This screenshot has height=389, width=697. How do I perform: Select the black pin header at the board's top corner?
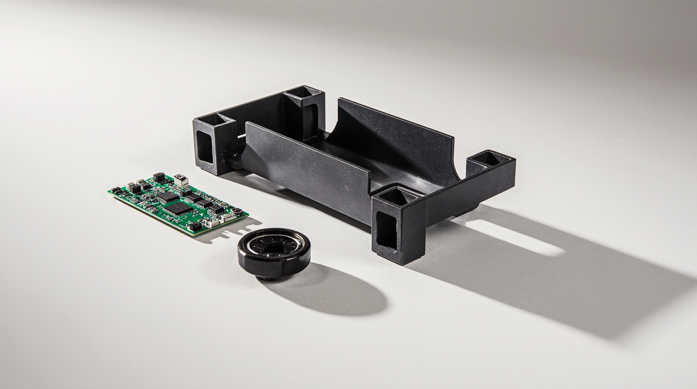coord(159,177)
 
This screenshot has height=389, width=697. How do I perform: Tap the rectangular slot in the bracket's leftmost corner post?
coord(205,147)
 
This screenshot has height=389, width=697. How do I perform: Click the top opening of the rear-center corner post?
coord(303,92)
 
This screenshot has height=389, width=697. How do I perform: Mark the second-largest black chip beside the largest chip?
coord(168,197)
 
